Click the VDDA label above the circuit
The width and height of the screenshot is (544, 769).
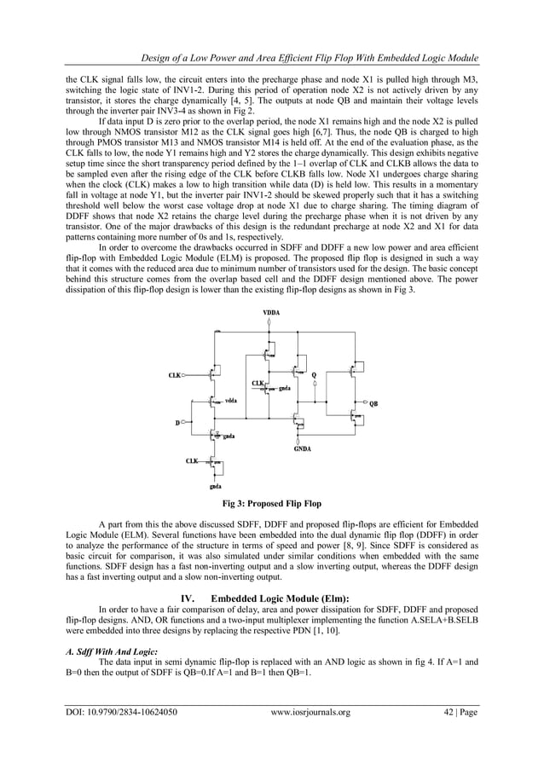(270, 314)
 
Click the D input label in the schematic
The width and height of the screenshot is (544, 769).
(178, 422)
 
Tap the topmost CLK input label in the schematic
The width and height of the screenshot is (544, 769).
(176, 374)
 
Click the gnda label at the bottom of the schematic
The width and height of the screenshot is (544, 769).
(216, 488)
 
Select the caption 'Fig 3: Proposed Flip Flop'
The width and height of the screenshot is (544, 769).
(271, 503)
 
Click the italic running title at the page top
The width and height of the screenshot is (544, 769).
(302, 57)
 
